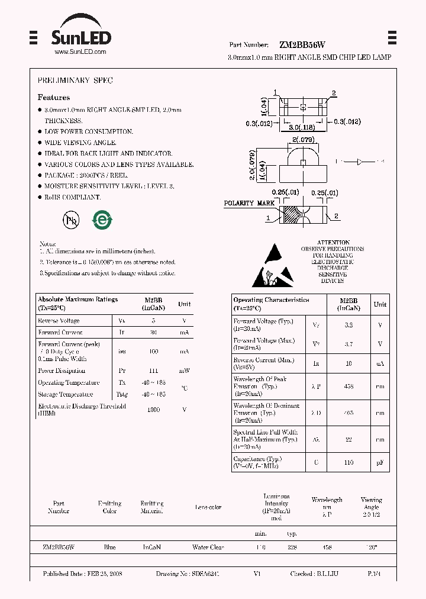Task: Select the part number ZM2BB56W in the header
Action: click(301, 45)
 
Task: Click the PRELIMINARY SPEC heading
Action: click(75, 80)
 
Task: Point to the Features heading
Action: click(54, 98)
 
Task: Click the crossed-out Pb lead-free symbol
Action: click(71, 220)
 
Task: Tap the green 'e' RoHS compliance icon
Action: click(102, 220)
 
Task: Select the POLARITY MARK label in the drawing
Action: click(248, 203)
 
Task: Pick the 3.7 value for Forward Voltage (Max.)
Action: click(348, 344)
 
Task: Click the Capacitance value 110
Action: click(348, 462)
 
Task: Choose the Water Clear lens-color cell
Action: click(208, 548)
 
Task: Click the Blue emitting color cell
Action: click(109, 548)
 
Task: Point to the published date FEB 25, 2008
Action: click(82, 574)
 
